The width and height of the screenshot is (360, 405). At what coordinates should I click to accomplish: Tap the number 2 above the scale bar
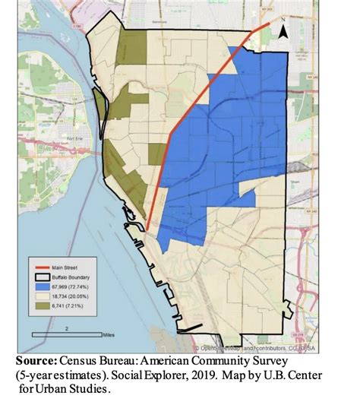pos(68,327)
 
